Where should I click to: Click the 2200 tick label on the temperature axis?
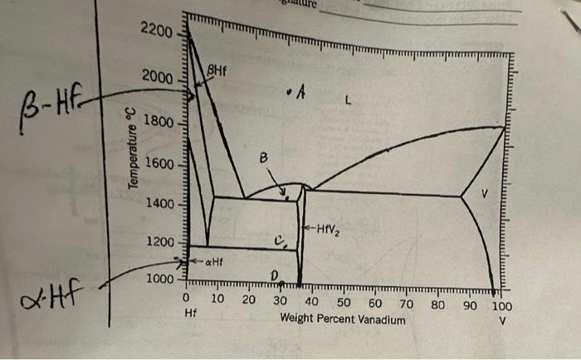pyautogui.click(x=156, y=32)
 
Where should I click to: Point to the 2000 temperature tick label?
pyautogui.click(x=156, y=77)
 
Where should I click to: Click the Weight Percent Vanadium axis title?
pyautogui.click(x=343, y=319)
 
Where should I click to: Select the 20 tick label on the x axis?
pyautogui.click(x=248, y=299)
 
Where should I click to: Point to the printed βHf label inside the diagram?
pyautogui.click(x=216, y=73)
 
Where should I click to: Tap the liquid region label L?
pyautogui.click(x=349, y=102)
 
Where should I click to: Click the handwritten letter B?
pyautogui.click(x=264, y=158)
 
